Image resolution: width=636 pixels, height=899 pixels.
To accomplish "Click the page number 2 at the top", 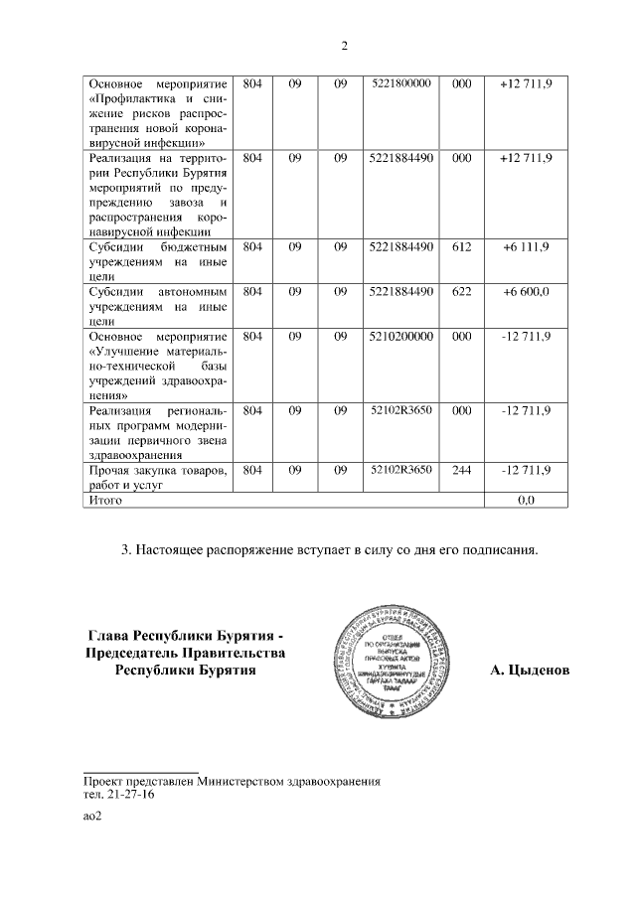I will point(344,46).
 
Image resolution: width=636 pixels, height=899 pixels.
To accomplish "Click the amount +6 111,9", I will point(526,246).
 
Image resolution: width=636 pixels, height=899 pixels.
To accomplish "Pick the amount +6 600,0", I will point(526,292).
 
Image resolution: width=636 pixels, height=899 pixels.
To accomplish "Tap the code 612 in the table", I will point(460,246).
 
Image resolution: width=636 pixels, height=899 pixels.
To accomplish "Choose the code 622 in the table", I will point(460,292).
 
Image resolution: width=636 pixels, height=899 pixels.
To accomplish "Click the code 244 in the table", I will point(460,470).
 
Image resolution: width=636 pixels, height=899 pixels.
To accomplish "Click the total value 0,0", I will point(526,501).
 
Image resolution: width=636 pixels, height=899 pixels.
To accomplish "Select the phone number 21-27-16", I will point(126,796).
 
